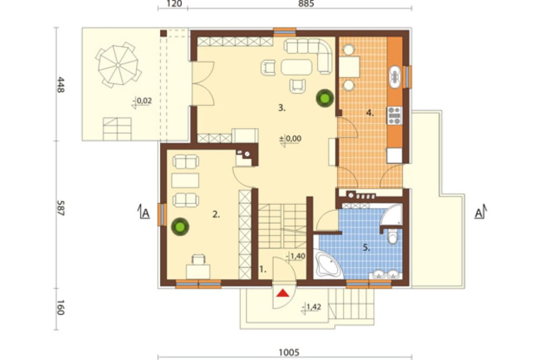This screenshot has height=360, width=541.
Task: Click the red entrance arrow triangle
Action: [283, 293]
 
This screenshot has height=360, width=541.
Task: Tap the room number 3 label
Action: [282, 108]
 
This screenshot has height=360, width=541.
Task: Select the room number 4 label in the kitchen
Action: [370, 113]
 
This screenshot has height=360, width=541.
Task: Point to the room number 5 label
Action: [366, 248]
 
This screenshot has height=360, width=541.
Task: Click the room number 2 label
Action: [216, 215]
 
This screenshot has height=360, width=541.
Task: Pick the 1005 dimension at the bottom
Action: [289, 352]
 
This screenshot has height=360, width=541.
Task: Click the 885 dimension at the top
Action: [306, 4]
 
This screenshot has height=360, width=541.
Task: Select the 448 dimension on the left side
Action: [61, 84]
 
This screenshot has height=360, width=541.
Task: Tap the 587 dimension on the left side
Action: [61, 208]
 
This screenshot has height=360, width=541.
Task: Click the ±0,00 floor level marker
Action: [290, 139]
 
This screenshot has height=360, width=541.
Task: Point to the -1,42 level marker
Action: [311, 307]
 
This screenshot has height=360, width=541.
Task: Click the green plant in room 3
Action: [325, 98]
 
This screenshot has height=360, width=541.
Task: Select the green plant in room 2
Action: [180, 226]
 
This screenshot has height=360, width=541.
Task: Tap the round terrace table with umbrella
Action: [118, 65]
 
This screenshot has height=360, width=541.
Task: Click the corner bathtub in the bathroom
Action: [328, 264]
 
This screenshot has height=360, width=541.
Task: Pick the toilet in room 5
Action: [393, 236]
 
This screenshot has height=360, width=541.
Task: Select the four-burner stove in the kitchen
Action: [395, 116]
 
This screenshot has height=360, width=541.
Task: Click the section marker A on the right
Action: [480, 212]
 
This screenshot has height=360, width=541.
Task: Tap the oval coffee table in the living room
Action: [296, 67]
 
